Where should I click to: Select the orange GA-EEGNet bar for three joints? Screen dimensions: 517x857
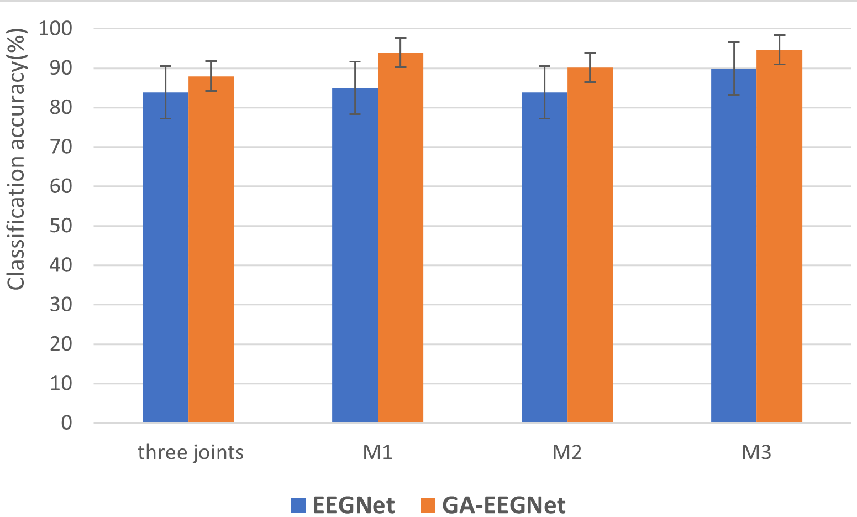click(x=211, y=249)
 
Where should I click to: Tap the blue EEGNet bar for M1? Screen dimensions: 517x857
click(x=355, y=255)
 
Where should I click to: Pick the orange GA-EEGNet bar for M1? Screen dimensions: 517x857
click(x=401, y=237)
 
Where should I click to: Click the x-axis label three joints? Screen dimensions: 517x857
click(x=191, y=453)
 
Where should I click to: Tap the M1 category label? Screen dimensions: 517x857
click(x=378, y=453)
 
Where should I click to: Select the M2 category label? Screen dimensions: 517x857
click(x=567, y=453)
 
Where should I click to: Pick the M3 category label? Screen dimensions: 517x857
click(x=756, y=453)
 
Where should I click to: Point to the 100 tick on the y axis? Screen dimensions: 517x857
click(x=55, y=28)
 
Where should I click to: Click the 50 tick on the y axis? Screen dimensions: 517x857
click(x=61, y=226)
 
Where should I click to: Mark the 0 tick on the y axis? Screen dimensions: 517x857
click(x=66, y=423)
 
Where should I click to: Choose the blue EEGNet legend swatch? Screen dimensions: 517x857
click(x=298, y=505)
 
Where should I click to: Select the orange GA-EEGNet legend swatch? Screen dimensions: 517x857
click(x=428, y=505)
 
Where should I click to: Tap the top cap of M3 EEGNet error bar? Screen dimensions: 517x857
click(x=734, y=42)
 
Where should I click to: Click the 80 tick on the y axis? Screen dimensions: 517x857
click(x=61, y=107)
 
